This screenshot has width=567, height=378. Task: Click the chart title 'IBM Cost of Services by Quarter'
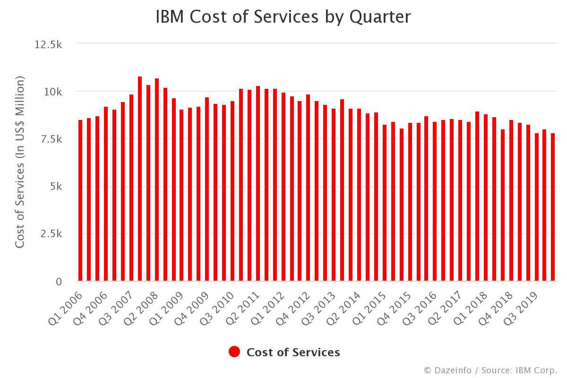pyautogui.click(x=283, y=17)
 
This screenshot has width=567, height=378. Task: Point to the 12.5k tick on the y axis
pyautogui.click(x=49, y=44)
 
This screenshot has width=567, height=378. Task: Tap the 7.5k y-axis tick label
pyautogui.click(x=51, y=139)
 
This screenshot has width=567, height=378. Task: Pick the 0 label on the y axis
pyautogui.click(x=59, y=282)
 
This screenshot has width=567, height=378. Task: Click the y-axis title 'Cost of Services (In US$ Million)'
pyautogui.click(x=19, y=163)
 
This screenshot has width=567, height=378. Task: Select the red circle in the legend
pyautogui.click(x=234, y=352)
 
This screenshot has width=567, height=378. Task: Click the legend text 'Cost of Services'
pyautogui.click(x=293, y=352)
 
